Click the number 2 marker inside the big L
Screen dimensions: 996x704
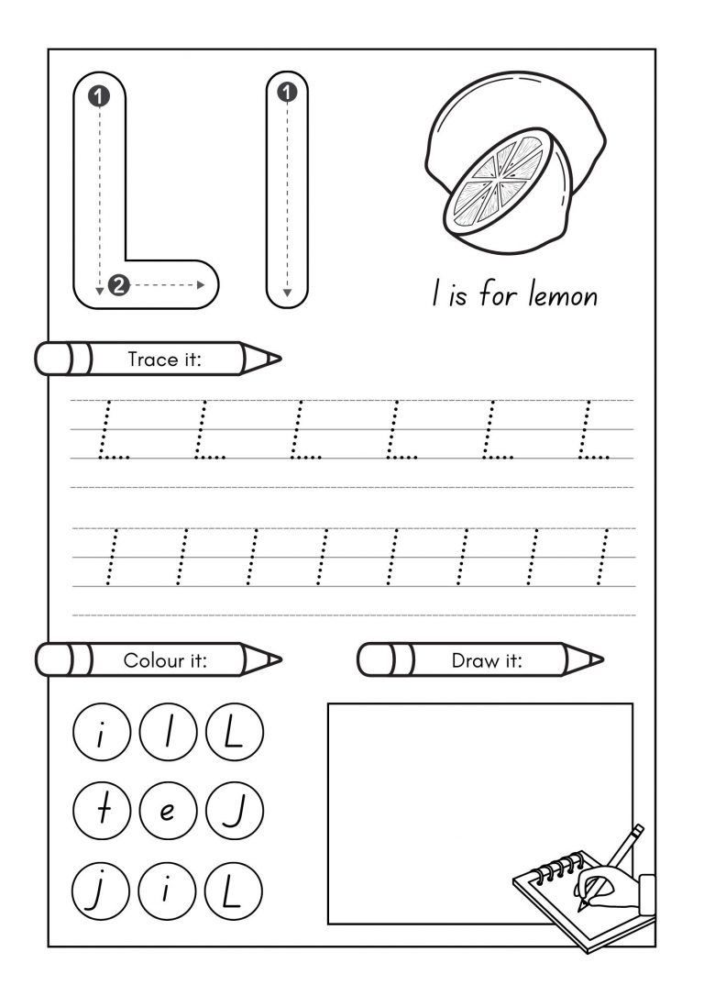(117, 285)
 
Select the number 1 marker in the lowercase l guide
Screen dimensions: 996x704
(288, 92)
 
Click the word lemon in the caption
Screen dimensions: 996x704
(562, 296)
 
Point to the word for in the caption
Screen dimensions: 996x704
(500, 296)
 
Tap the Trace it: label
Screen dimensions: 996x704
(164, 360)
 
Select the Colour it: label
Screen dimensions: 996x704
(165, 659)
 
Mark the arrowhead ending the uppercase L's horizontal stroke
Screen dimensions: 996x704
(200, 285)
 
